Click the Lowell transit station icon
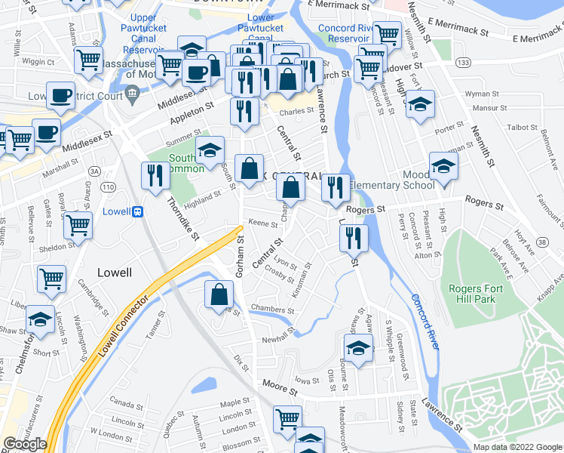(x=138, y=212)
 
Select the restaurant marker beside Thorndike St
(x=155, y=175)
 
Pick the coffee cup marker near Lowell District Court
(x=60, y=95)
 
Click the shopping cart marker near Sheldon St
(x=78, y=224)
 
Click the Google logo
(x=25, y=444)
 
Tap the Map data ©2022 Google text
(x=517, y=447)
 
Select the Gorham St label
(x=241, y=257)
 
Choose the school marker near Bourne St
(x=358, y=348)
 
